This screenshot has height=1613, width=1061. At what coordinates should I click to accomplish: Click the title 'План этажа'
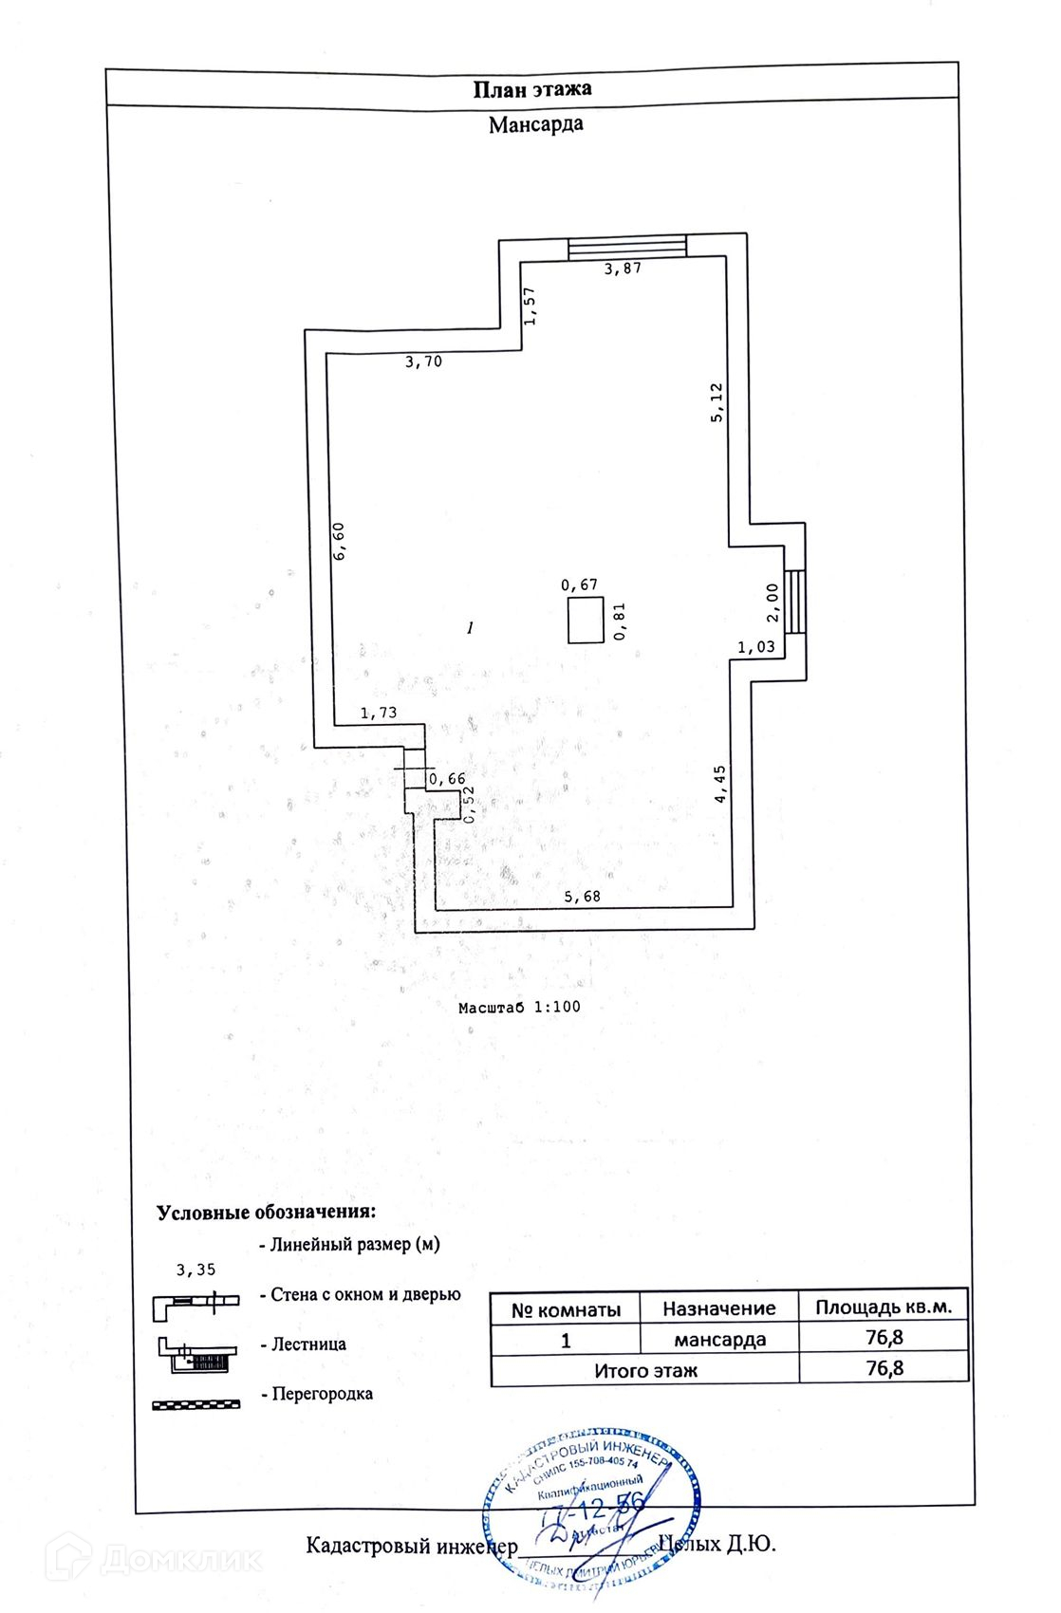(532, 89)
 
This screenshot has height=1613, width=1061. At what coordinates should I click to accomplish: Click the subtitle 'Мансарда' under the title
(535, 124)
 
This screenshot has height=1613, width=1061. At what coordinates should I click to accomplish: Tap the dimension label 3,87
(624, 269)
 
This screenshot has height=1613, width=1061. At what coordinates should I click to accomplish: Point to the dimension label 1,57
(530, 306)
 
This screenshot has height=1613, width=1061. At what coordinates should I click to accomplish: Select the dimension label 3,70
(423, 362)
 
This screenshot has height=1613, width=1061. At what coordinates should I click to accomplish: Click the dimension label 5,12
(717, 401)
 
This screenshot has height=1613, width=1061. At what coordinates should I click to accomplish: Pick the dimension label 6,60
(339, 541)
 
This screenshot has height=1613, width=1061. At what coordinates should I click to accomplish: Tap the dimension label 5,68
(582, 896)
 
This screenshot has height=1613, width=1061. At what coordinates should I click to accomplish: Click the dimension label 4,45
(720, 785)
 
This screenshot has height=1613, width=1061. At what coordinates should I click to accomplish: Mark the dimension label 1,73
(379, 714)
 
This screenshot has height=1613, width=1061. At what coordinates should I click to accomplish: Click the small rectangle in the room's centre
(585, 621)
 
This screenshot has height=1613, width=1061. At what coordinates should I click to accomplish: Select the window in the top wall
(626, 247)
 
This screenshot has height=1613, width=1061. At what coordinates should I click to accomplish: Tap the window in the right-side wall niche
(795, 602)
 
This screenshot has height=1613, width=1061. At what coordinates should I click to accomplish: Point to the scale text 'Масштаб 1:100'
(519, 1007)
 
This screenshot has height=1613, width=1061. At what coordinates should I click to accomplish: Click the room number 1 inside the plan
(470, 627)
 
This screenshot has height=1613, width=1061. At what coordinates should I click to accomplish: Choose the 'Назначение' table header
(718, 1308)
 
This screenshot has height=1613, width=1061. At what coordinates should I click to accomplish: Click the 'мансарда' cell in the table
(719, 1340)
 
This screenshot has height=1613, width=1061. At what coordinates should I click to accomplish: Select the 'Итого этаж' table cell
(645, 1370)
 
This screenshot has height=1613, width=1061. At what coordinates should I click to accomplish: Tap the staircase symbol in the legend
(197, 1355)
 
